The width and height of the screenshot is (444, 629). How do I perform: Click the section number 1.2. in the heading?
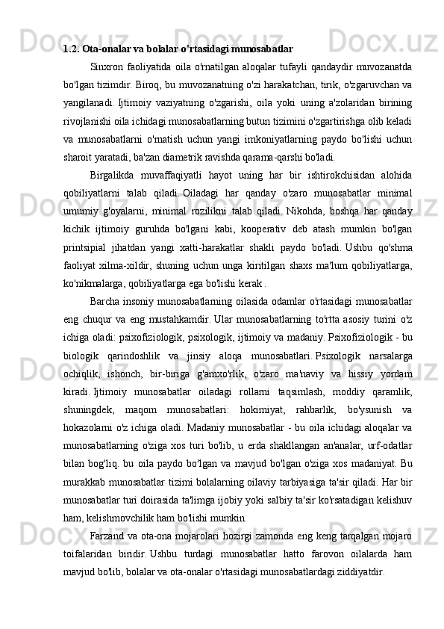click(72, 50)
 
